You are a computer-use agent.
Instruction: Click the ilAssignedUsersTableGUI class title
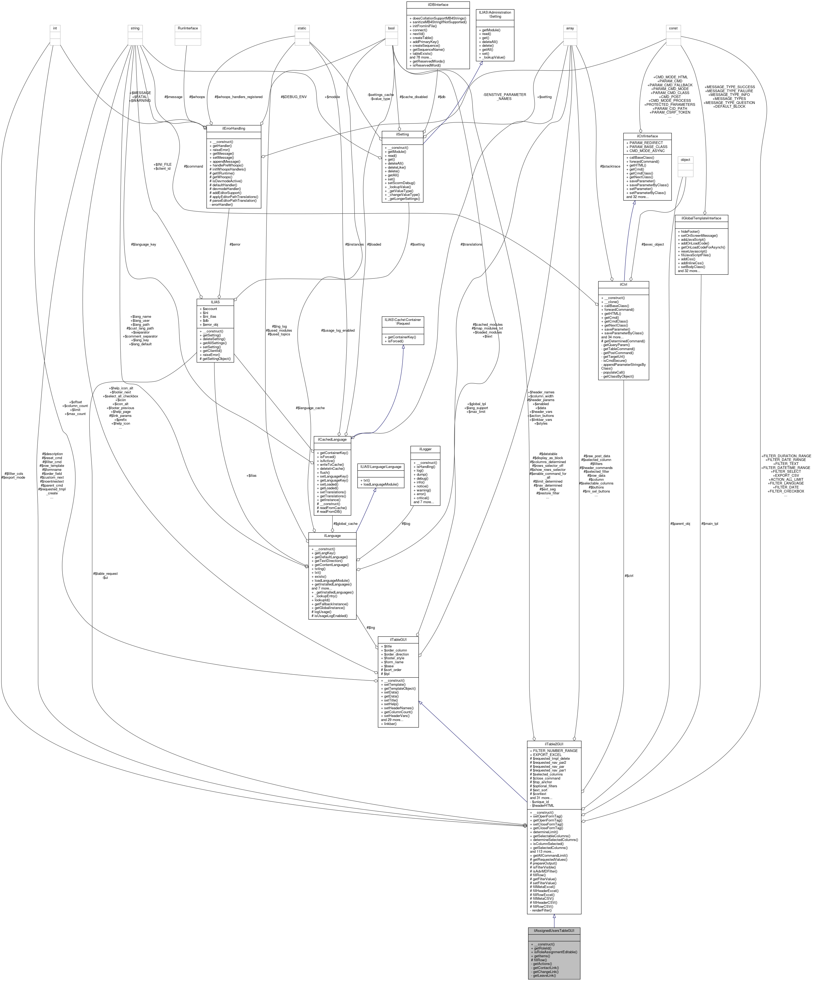point(554,930)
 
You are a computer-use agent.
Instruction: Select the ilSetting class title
point(402,134)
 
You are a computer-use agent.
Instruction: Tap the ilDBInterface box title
point(438,5)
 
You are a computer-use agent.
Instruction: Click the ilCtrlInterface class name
point(647,136)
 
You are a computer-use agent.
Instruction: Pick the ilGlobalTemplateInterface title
point(701,218)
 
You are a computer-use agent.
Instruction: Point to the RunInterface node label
point(188,28)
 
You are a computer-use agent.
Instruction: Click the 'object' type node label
point(685,160)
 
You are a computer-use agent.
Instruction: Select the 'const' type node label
point(673,28)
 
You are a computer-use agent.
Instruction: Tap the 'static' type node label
point(302,28)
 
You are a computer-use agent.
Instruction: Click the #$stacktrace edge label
point(610,166)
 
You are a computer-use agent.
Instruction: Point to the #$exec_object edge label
point(653,244)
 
